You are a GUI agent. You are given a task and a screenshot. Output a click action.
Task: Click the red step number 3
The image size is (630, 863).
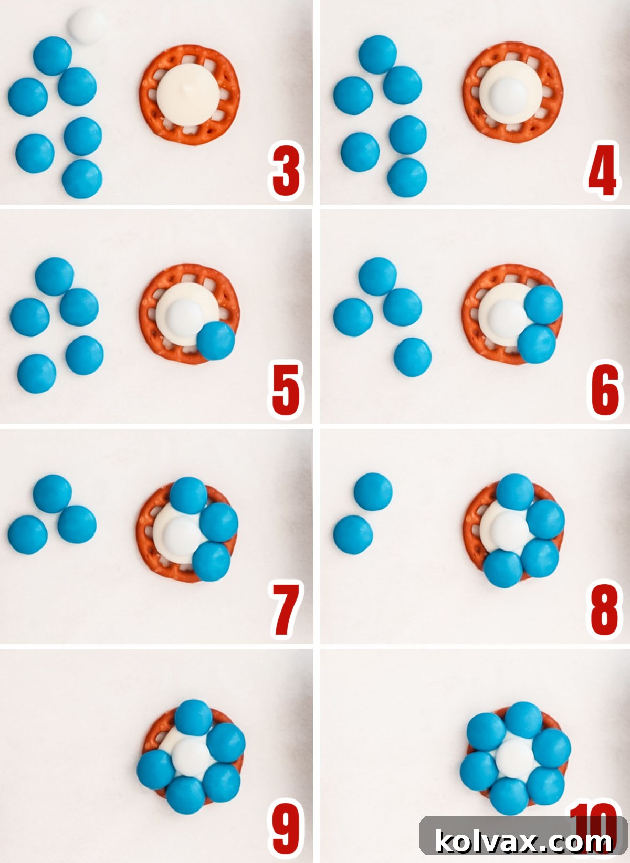click(x=286, y=171)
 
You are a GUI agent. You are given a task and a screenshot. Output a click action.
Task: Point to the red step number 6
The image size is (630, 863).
click(x=605, y=389)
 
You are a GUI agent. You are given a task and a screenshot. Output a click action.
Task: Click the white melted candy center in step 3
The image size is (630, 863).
click(x=188, y=98)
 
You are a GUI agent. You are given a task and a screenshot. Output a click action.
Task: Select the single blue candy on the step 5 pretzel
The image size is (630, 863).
click(x=216, y=341)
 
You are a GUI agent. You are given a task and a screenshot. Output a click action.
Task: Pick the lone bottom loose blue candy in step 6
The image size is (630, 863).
click(x=413, y=357)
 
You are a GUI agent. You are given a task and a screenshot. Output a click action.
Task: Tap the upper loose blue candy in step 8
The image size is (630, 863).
click(x=373, y=491)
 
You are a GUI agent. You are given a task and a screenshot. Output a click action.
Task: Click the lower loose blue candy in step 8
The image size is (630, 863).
click(x=353, y=534)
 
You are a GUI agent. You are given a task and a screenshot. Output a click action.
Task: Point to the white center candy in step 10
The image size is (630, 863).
click(x=512, y=756)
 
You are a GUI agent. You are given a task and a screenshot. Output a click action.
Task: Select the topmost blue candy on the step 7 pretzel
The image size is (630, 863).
click(x=188, y=496)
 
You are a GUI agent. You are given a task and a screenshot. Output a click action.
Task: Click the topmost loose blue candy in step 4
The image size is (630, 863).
click(x=378, y=55)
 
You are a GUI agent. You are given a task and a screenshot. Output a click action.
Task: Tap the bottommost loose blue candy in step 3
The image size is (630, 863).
click(x=82, y=178)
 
